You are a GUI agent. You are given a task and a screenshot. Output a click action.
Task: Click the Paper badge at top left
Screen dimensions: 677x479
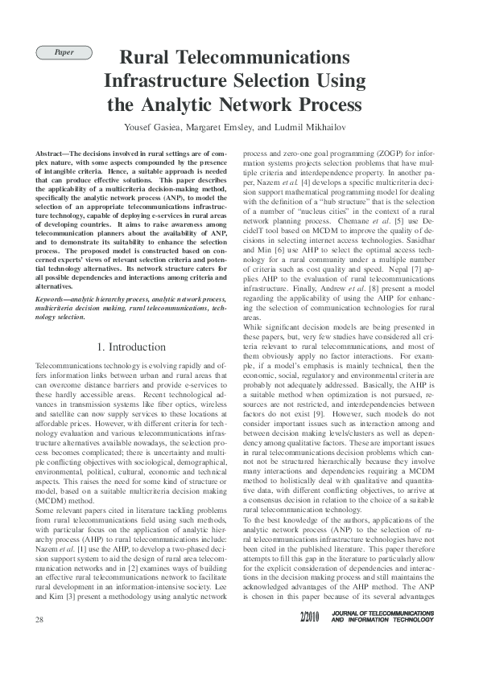tap(64, 53)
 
